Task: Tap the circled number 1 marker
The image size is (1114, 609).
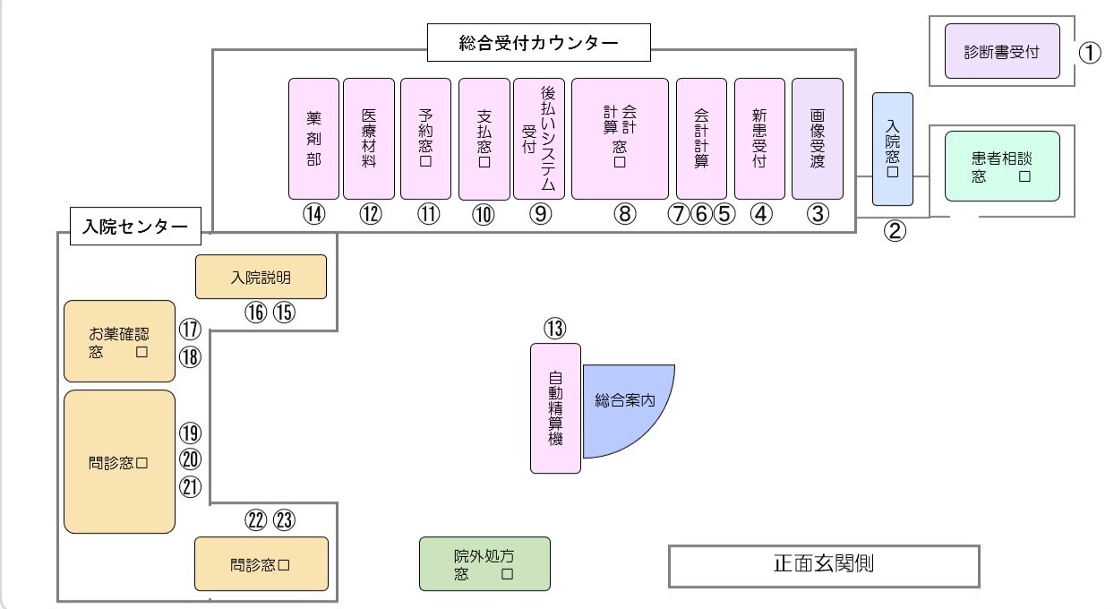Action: pyautogui.click(x=1088, y=52)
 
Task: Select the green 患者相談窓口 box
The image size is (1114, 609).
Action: pyautogui.click(x=1002, y=166)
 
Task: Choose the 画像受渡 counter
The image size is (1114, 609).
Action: pyautogui.click(x=818, y=138)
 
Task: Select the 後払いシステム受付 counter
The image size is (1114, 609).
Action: pyautogui.click(x=540, y=138)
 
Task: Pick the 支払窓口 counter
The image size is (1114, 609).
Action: pyautogui.click(x=484, y=138)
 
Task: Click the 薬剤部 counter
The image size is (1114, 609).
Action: pyautogui.click(x=313, y=138)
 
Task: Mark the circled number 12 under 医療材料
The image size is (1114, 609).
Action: pyautogui.click(x=371, y=214)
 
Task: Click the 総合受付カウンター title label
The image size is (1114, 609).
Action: pyautogui.click(x=538, y=43)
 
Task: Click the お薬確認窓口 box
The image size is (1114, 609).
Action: pyautogui.click(x=119, y=341)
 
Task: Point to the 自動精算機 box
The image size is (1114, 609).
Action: pyautogui.click(x=555, y=407)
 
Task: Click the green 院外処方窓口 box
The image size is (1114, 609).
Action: pyautogui.click(x=484, y=564)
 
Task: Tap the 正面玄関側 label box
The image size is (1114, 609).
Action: pyautogui.click(x=825, y=564)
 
